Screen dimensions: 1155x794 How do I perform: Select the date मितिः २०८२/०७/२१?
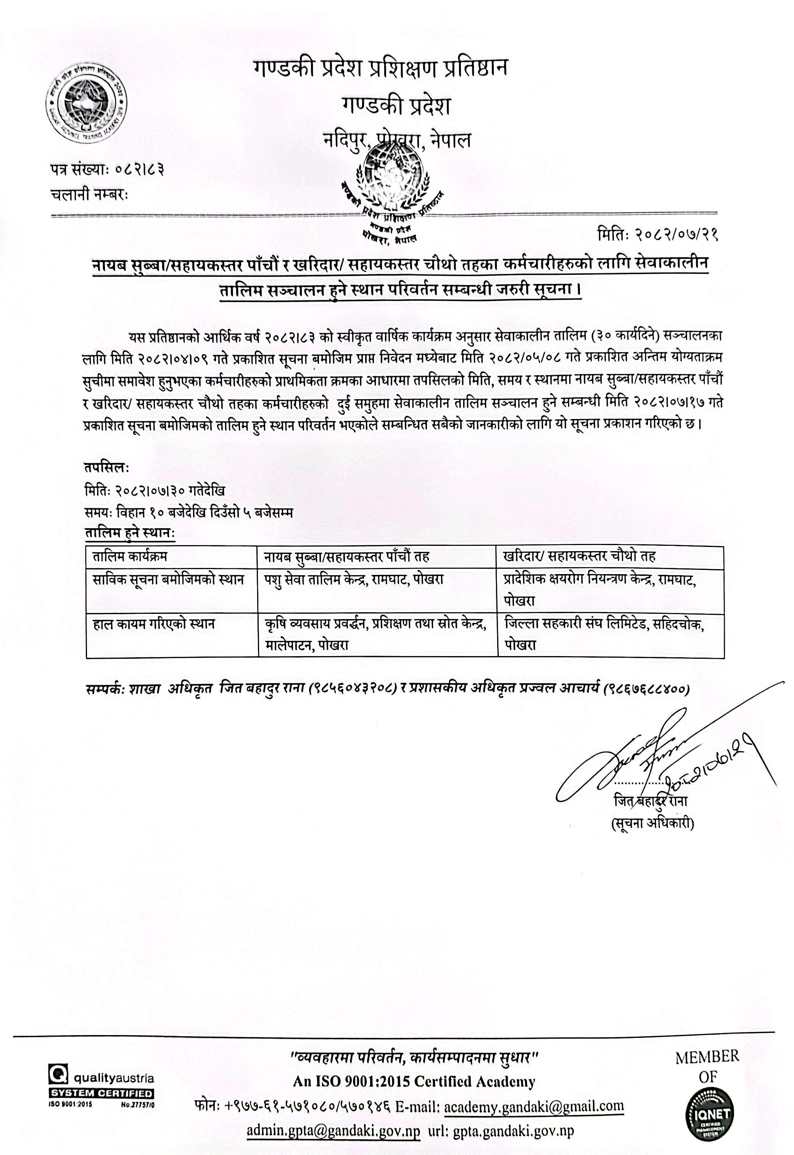pos(658,234)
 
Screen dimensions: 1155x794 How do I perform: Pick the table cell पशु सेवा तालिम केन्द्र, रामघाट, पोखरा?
pos(354,580)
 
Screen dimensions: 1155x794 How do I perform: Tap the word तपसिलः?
pos(107,468)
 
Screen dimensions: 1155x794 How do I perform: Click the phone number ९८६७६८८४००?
pos(646,689)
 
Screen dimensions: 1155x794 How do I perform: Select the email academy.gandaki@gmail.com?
pos(533,1106)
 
